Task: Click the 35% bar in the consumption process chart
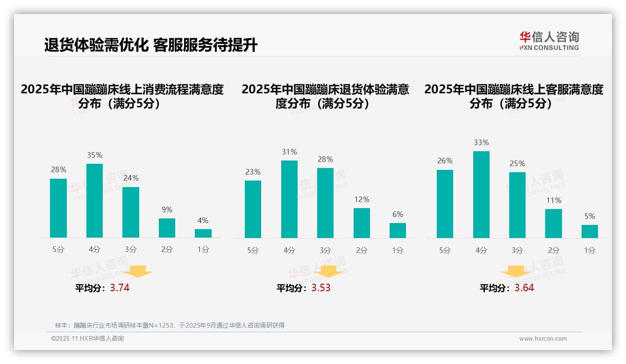(95, 201)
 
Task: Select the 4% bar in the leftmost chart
(203, 233)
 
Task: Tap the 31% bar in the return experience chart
(289, 199)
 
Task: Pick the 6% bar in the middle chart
(398, 231)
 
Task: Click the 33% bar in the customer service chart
(481, 195)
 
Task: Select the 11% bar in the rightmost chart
(554, 224)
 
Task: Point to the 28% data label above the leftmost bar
(58, 170)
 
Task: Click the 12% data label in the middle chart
(362, 199)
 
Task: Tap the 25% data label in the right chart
(517, 163)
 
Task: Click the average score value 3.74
(120, 288)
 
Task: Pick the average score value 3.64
(524, 288)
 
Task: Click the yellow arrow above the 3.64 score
(516, 271)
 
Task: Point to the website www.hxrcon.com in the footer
(543, 339)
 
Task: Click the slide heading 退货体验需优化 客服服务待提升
(150, 45)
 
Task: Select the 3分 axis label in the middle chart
(325, 251)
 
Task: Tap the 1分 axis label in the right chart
(590, 251)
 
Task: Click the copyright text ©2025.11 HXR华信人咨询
(87, 339)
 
